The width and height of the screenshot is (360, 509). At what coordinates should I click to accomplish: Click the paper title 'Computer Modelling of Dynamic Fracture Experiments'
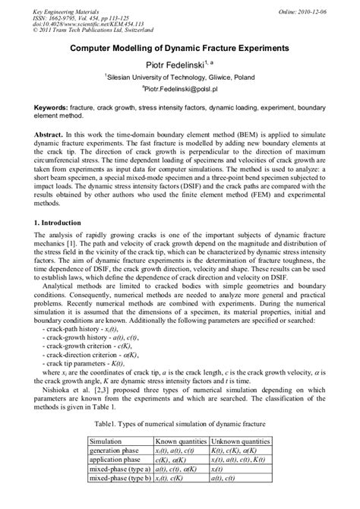coord(179,48)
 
